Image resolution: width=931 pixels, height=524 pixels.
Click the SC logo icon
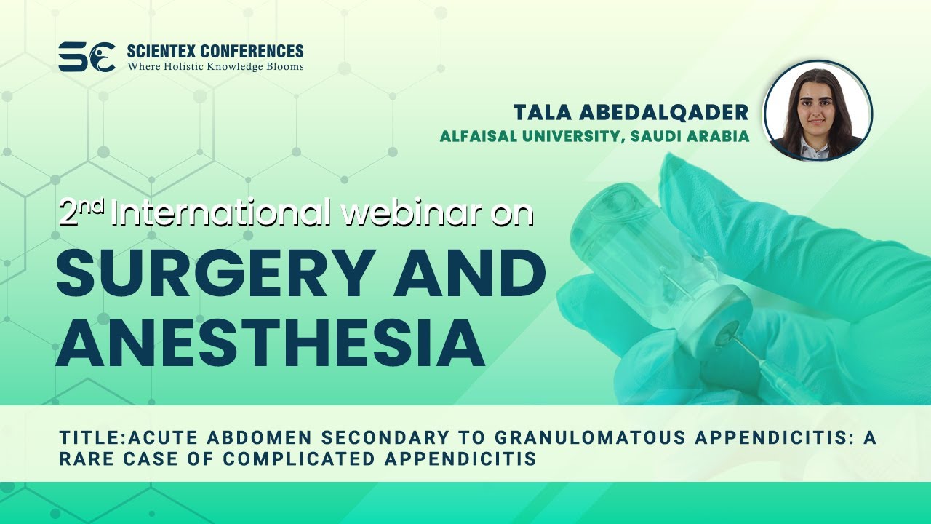click(x=87, y=57)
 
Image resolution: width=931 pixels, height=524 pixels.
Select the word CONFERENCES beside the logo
click(x=252, y=51)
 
